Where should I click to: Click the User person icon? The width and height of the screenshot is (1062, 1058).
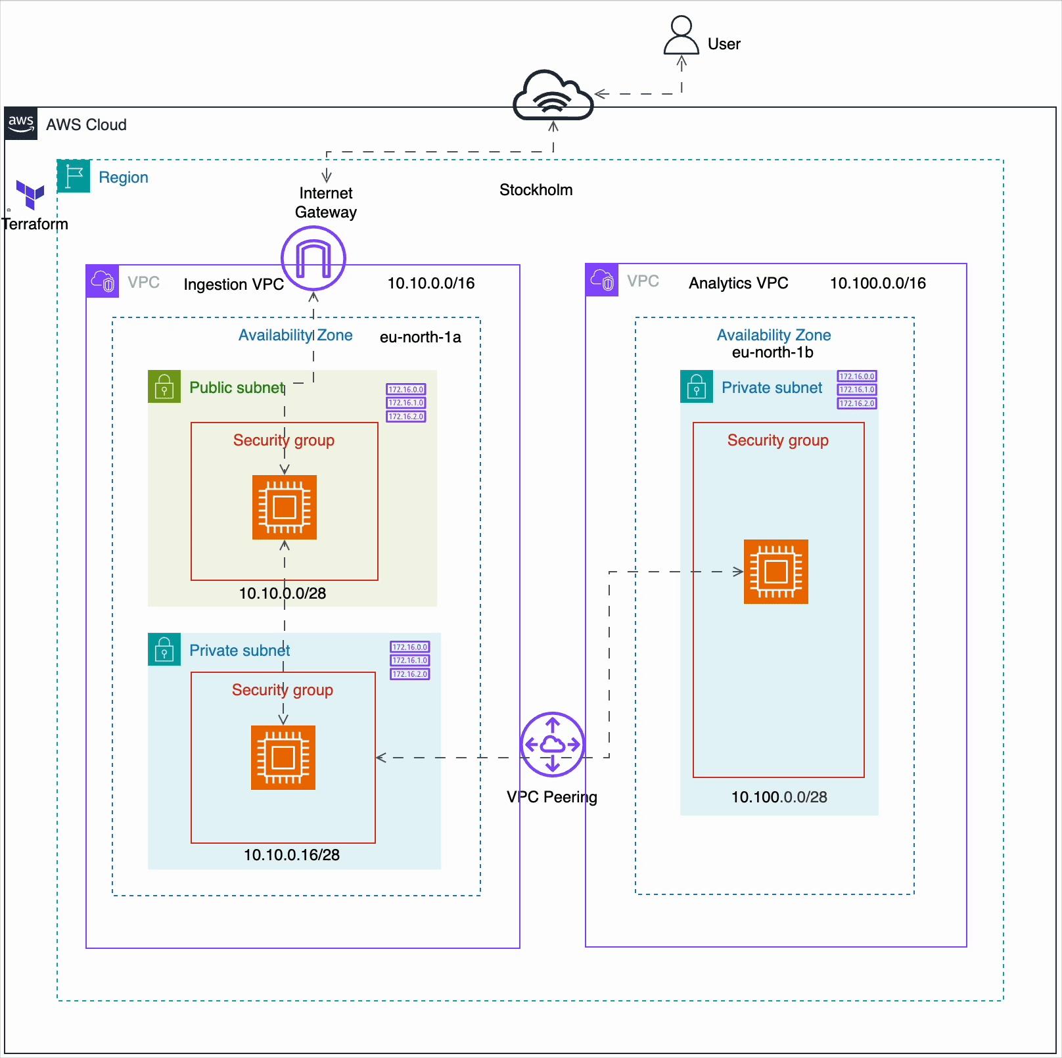(681, 35)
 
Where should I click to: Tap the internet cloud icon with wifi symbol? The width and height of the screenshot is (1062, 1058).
(553, 96)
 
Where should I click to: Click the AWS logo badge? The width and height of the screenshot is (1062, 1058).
(21, 124)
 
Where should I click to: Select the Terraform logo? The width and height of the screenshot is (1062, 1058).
(30, 195)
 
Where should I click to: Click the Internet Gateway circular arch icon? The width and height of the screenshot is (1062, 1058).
(313, 258)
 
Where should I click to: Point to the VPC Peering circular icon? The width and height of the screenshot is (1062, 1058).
(552, 744)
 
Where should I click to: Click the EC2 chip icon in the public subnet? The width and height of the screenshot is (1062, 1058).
(285, 507)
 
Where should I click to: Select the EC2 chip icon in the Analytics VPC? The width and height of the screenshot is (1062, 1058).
(775, 572)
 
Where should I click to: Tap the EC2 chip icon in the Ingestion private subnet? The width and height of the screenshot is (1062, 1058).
(283, 758)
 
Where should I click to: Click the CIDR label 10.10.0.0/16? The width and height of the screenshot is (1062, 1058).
(430, 283)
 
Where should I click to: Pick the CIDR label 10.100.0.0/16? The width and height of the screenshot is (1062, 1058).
(877, 283)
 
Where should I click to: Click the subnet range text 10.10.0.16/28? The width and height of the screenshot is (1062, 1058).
(292, 855)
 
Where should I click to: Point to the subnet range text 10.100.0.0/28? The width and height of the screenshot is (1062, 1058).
(779, 797)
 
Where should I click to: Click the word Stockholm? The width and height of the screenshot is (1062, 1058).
(536, 190)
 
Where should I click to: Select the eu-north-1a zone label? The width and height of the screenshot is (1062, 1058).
(420, 337)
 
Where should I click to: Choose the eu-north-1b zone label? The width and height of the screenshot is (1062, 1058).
(772, 353)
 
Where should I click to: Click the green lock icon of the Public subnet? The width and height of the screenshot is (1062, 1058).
(164, 386)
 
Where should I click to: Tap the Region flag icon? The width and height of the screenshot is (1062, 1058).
(74, 176)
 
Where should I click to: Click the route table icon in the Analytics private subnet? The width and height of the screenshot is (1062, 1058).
(856, 390)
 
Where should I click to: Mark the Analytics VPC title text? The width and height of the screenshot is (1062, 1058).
(738, 283)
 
